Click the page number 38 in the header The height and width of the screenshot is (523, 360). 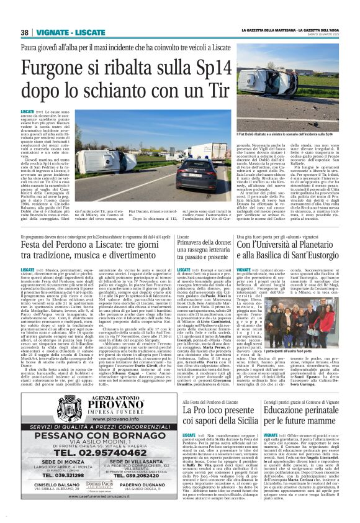24,32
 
